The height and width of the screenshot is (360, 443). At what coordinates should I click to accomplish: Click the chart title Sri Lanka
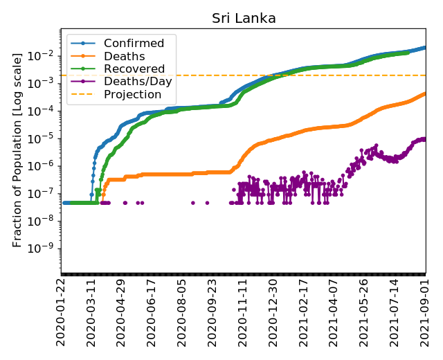(x=244, y=18)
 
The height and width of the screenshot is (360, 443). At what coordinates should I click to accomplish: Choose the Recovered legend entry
(x=129, y=69)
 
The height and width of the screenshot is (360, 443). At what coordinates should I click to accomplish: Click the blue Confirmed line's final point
(x=425, y=48)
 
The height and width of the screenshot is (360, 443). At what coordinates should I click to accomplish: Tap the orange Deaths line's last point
(x=425, y=93)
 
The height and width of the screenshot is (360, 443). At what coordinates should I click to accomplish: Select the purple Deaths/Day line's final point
(x=425, y=139)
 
